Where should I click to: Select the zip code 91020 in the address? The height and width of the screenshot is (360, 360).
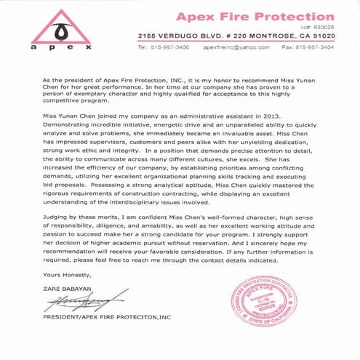tap(320, 35)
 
